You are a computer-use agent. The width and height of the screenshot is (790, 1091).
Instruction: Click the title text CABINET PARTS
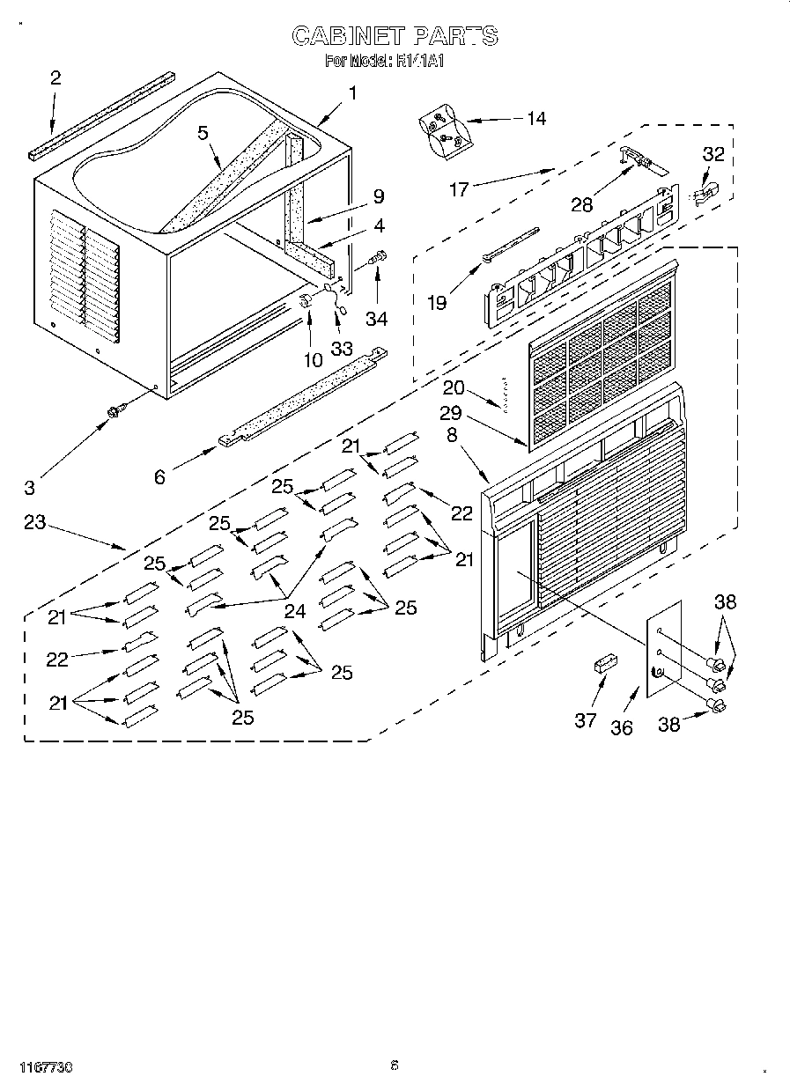[395, 36]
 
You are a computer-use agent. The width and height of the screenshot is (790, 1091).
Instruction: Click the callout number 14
[535, 119]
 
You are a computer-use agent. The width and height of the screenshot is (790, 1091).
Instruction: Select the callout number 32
[712, 154]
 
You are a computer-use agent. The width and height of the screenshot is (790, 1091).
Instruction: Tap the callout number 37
[586, 719]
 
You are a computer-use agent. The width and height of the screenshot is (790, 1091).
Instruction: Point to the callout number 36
[622, 727]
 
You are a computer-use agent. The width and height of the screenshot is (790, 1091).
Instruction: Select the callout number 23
[34, 521]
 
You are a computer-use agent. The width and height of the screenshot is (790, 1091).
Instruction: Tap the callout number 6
[159, 476]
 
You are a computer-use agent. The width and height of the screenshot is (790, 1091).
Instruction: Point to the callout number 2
[55, 77]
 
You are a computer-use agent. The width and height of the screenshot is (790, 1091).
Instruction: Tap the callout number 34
[377, 318]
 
